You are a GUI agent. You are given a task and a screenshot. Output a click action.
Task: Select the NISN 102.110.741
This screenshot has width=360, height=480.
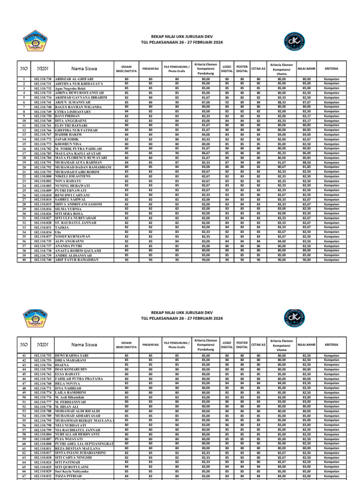pyautogui.click(x=43, y=102)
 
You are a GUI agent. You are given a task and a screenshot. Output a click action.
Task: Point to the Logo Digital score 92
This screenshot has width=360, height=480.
pyautogui.click(x=227, y=102)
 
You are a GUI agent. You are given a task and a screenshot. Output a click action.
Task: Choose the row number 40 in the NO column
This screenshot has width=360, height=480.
pyautogui.click(x=24, y=259)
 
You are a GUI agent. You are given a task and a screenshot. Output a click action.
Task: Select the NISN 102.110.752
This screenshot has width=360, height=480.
pyautogui.click(x=43, y=356)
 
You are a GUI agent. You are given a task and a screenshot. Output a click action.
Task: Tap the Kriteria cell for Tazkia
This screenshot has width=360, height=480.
pyautogui.click(x=331, y=227)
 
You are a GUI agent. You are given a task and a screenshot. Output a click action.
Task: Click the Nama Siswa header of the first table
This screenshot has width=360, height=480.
pyautogui.click(x=84, y=68)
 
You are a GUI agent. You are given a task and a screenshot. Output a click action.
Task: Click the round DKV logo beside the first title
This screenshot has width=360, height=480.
pyautogui.click(x=334, y=42)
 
